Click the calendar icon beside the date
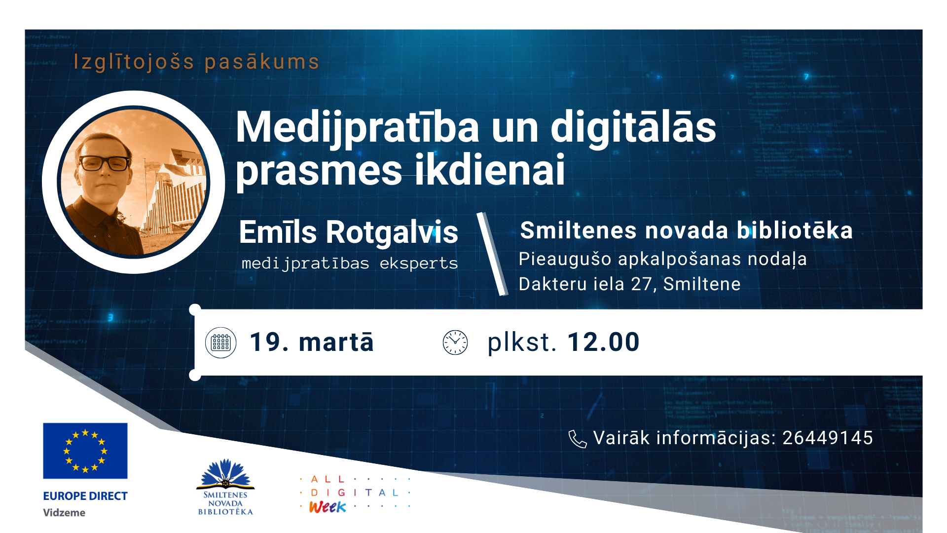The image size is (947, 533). (x=220, y=343)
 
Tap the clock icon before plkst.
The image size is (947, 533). (x=455, y=343)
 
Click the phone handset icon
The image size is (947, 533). (x=577, y=438)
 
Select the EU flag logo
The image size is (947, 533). (x=85, y=451)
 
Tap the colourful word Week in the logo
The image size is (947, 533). (x=328, y=507)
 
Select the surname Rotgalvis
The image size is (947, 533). (x=392, y=232)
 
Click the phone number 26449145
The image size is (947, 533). (x=827, y=438)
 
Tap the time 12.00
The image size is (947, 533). (x=603, y=343)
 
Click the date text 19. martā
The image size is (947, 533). (x=312, y=343)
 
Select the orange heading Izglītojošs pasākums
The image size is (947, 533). (x=196, y=62)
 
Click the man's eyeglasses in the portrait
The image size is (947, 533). (x=105, y=163)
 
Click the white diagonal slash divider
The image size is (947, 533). (x=492, y=254)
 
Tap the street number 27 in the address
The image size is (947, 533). (x=641, y=284)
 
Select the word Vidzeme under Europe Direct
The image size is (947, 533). (x=64, y=513)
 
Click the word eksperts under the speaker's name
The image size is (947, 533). (x=418, y=264)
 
